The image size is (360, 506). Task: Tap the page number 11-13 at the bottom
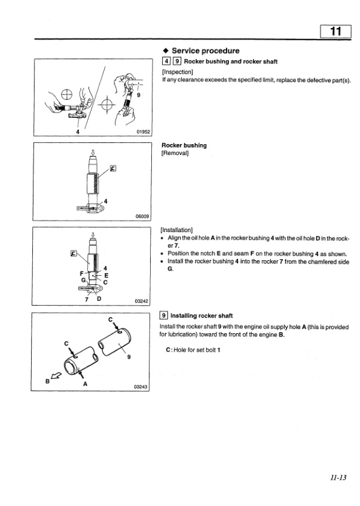click(x=338, y=477)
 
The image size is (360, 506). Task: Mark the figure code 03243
click(x=141, y=387)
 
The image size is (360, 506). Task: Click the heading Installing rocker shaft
click(x=202, y=315)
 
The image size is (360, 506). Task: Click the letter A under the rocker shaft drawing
click(x=85, y=385)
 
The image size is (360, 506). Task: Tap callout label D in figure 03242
click(x=99, y=298)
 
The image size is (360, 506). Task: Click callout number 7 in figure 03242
click(x=87, y=298)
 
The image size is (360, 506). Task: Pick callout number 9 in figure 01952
click(x=139, y=93)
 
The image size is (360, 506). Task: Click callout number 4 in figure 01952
click(x=77, y=132)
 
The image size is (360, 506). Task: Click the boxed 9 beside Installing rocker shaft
click(x=164, y=315)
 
